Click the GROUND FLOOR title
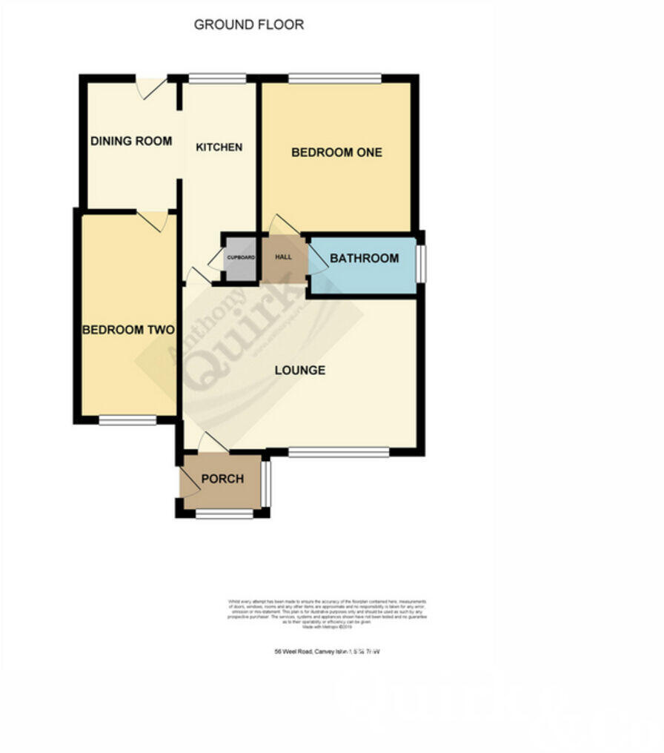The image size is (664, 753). (x=248, y=24)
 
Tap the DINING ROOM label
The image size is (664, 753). (x=131, y=141)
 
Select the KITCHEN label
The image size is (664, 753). (x=219, y=147)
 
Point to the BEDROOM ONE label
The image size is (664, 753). (x=336, y=152)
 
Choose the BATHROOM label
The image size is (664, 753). (x=364, y=259)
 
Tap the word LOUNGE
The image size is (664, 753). (x=300, y=370)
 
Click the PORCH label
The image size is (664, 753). (x=222, y=479)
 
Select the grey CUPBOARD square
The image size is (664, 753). (x=241, y=258)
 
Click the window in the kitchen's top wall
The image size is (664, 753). (x=217, y=78)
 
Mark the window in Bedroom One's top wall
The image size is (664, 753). (x=335, y=78)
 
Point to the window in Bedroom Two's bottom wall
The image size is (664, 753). (x=127, y=420)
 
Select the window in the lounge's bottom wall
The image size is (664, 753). (x=338, y=451)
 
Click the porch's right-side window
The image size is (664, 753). (x=266, y=482)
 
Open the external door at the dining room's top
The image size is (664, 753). (x=153, y=87)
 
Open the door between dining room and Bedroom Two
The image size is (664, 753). (x=153, y=219)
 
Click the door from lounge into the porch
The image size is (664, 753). (x=213, y=442)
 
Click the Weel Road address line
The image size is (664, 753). (x=327, y=651)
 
